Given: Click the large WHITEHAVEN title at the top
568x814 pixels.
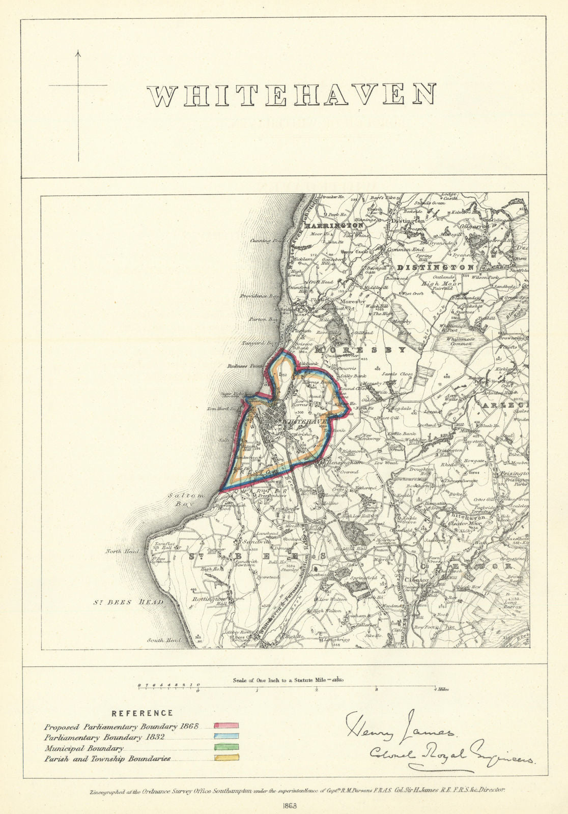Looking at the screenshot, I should [292, 95].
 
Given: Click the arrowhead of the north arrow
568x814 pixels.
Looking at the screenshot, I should [78, 53].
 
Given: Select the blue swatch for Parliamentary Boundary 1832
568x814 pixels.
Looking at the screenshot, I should [226, 736].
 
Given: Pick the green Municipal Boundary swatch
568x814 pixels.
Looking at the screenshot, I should [226, 747].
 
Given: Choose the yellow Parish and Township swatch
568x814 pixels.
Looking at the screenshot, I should [226, 758].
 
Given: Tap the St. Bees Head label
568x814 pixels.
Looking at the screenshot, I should [128, 603].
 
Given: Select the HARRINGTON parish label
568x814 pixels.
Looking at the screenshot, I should [333, 224].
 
